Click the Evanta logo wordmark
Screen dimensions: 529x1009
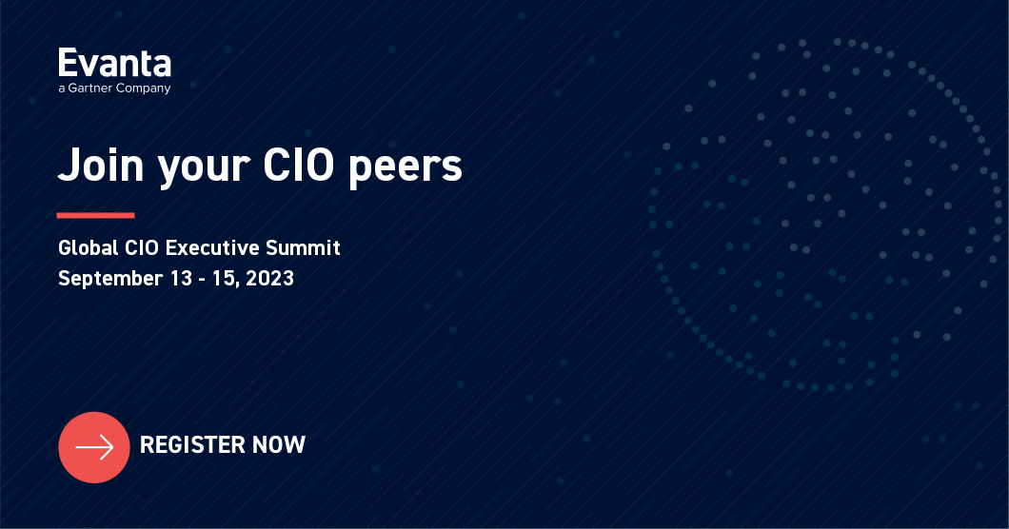[x=114, y=64]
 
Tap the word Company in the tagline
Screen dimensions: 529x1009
[x=145, y=89]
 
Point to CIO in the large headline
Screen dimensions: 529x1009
[x=298, y=166]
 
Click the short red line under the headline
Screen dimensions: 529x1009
[x=95, y=215]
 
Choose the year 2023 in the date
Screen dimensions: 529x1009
[x=270, y=279]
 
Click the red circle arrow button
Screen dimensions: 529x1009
[x=93, y=446]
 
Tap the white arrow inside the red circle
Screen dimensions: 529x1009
[x=94, y=446]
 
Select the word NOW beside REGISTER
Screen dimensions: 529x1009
[x=279, y=444]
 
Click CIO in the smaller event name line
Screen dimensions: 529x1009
[x=143, y=248]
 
